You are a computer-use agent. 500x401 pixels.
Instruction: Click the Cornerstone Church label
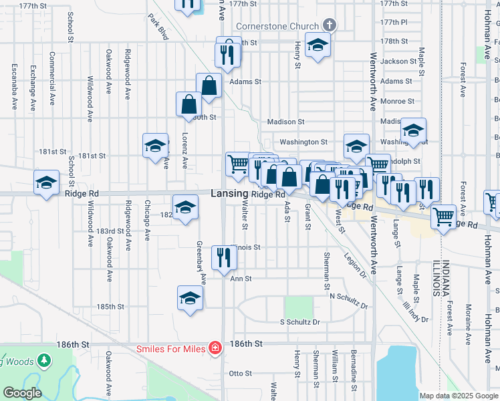click(276, 26)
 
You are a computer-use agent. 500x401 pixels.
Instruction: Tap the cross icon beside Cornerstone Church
click(328, 25)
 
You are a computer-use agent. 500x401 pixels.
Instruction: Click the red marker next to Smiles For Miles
click(215, 348)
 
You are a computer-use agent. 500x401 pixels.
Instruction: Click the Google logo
click(22, 393)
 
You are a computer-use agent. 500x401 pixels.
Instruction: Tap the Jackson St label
click(398, 61)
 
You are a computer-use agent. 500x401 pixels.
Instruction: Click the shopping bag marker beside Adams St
click(209, 86)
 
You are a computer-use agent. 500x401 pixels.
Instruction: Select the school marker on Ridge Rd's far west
click(46, 182)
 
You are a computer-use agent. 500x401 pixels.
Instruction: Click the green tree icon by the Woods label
click(45, 361)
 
